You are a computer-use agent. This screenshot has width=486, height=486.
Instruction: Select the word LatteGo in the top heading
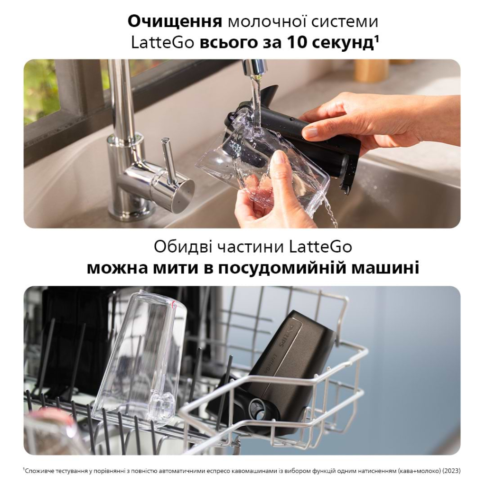[x=162, y=43]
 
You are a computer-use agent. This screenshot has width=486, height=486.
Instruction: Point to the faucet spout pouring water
[x=253, y=67]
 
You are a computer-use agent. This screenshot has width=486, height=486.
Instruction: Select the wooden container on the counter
[x=371, y=70]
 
